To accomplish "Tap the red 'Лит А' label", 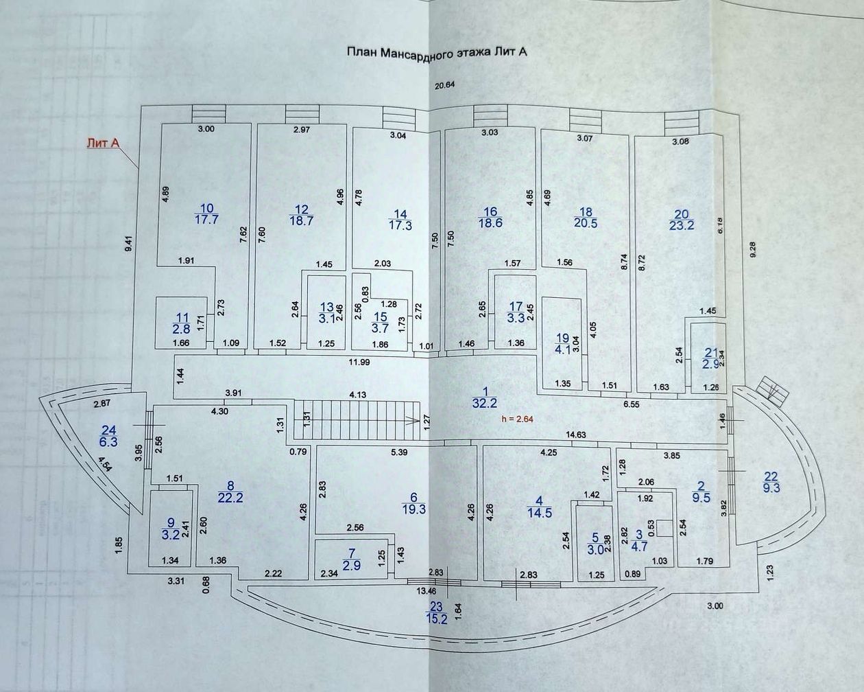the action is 103,143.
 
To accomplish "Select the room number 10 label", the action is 206,209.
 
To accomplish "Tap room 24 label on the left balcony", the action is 108,429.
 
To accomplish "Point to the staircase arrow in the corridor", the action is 412,417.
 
